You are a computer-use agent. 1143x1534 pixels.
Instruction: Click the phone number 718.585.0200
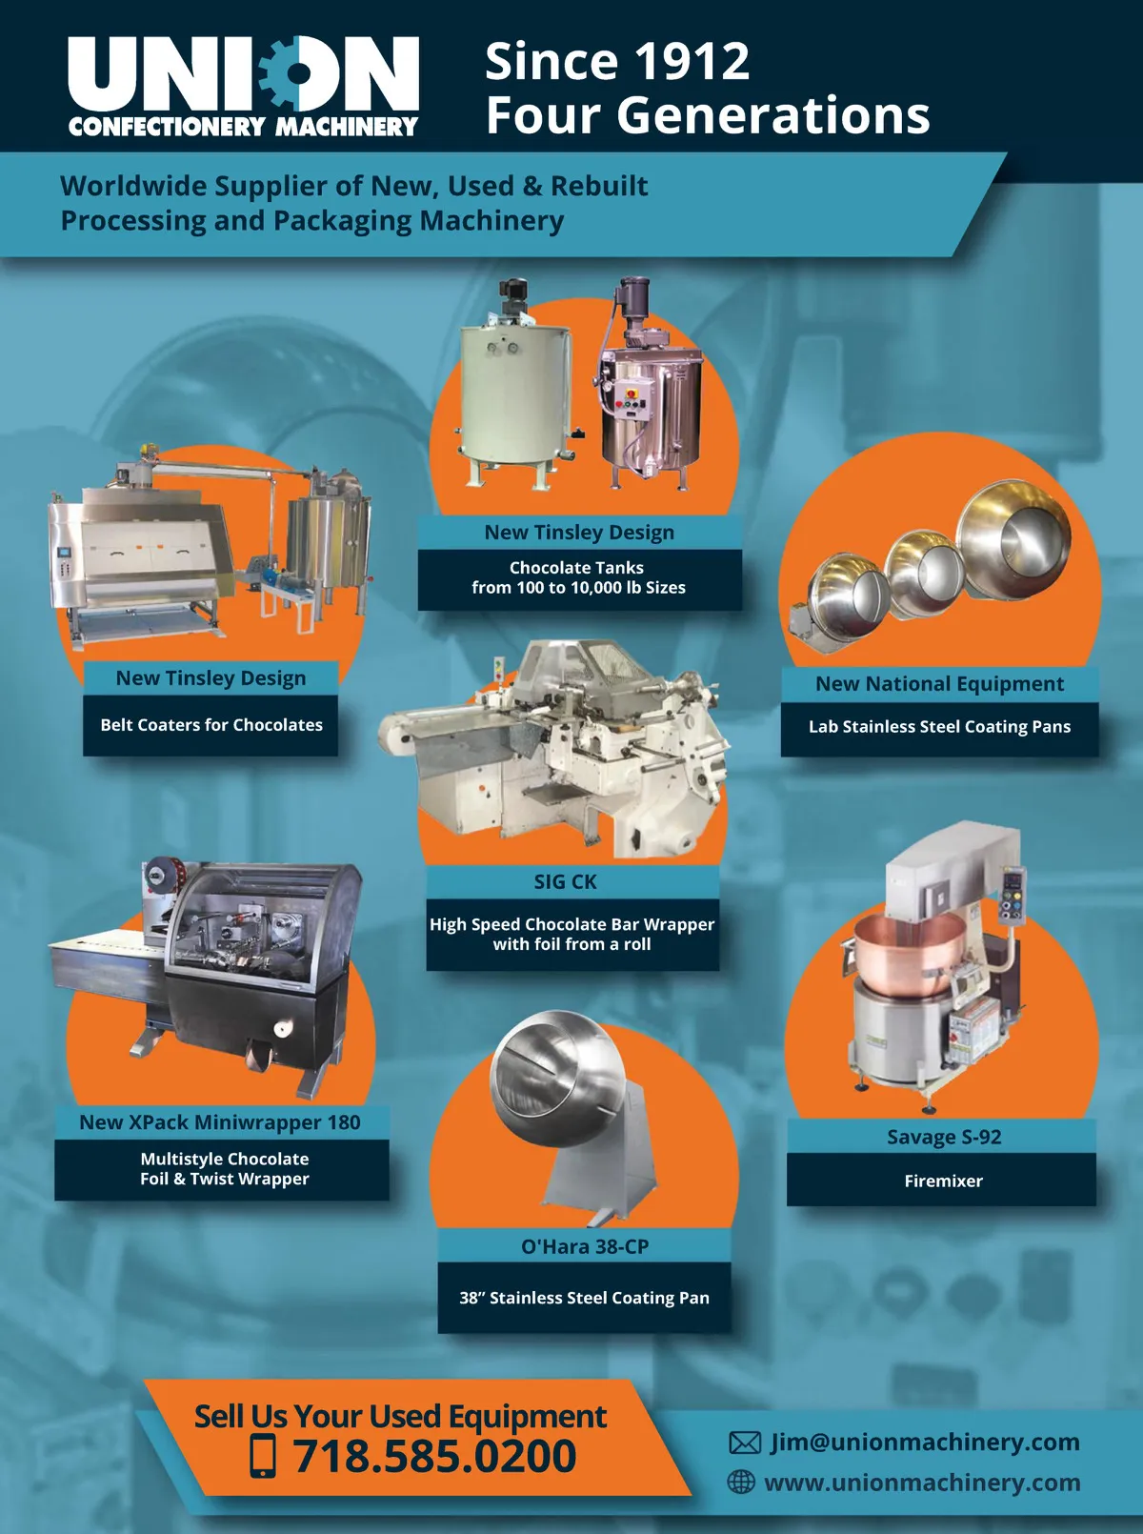tap(434, 1456)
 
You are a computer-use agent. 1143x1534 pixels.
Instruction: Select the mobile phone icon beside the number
tap(264, 1456)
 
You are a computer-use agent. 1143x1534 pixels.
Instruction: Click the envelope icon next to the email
tap(745, 1442)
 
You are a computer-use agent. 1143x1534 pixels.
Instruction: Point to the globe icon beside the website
tap(741, 1482)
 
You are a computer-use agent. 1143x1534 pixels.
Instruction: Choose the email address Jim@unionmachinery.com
tap(925, 1442)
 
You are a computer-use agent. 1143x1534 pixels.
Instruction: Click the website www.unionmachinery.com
tap(922, 1483)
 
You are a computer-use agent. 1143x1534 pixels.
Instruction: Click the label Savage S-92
tap(944, 1137)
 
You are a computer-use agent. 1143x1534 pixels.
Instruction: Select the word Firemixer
tap(943, 1181)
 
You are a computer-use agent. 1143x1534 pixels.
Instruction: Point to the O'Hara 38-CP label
tap(585, 1247)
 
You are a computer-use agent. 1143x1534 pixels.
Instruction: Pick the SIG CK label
tap(565, 882)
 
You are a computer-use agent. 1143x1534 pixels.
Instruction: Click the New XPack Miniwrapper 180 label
tap(220, 1122)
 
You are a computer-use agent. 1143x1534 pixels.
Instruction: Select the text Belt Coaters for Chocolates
tap(211, 725)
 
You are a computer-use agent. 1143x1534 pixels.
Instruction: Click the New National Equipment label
tap(940, 683)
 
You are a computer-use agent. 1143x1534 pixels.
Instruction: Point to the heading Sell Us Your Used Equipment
tap(400, 1416)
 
